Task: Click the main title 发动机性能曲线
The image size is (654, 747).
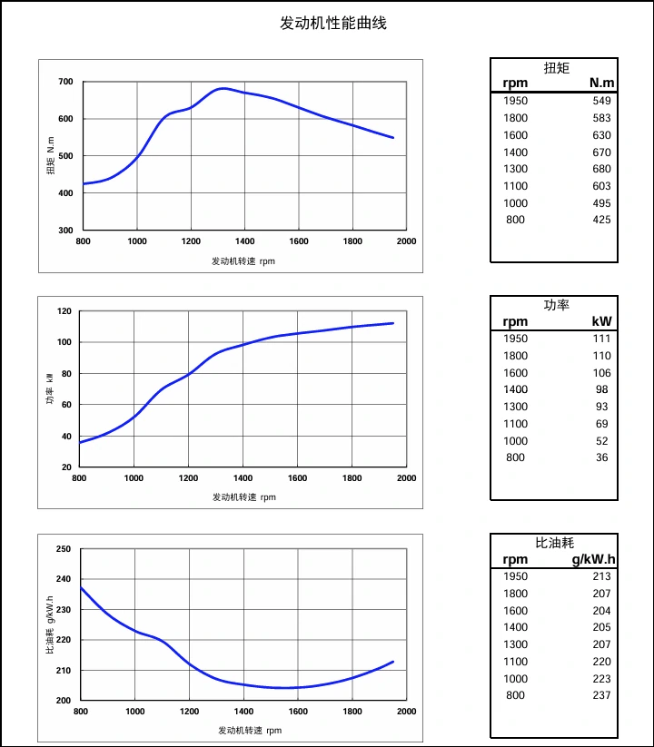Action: click(333, 23)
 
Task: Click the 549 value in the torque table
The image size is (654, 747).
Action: click(601, 101)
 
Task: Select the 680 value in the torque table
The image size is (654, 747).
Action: click(601, 169)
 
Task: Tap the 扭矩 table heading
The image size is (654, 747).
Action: click(556, 67)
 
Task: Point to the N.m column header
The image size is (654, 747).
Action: click(601, 84)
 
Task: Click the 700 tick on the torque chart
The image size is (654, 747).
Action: click(65, 82)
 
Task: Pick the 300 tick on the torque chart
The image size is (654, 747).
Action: click(65, 231)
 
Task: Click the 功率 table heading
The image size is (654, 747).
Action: click(556, 305)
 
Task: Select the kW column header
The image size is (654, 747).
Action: click(601, 321)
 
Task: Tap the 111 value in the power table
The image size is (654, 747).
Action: click(601, 339)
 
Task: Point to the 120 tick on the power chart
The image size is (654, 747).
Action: click(64, 311)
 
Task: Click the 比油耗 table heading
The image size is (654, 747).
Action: click(556, 543)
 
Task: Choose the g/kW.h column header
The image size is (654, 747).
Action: click(593, 559)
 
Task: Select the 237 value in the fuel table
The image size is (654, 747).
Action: click(601, 695)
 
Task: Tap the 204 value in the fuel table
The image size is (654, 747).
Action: click(601, 611)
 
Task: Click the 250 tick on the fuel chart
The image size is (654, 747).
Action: click(64, 549)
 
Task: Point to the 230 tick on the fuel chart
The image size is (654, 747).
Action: click(64, 610)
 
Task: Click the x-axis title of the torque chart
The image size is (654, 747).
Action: click(243, 261)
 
